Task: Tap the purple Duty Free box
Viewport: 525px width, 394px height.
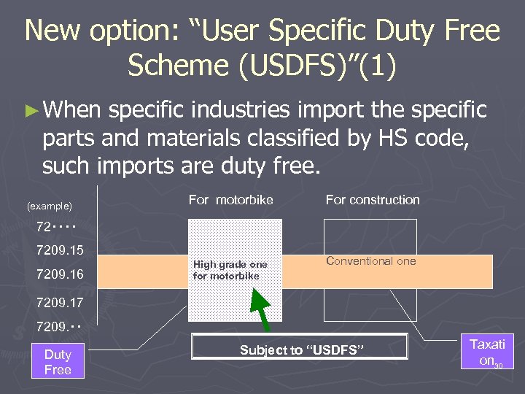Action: tap(58, 362)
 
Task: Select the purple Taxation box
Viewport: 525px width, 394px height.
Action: tap(486, 351)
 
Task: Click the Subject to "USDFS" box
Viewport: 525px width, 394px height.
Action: tap(299, 349)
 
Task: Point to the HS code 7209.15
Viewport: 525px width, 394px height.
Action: tap(60, 250)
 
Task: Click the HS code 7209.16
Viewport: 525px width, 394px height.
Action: tap(60, 274)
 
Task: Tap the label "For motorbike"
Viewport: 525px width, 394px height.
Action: tap(230, 200)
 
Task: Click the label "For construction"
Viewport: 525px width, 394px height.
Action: tap(373, 200)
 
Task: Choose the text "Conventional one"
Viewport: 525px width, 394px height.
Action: tap(370, 260)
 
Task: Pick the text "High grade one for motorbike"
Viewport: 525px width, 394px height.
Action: tap(230, 270)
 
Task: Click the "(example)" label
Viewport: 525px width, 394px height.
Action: tap(49, 206)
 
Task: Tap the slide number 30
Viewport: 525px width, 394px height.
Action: tap(499, 365)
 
